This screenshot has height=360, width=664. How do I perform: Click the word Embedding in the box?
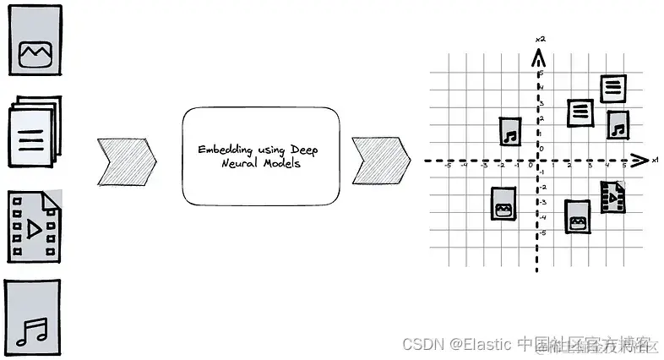pos(221,150)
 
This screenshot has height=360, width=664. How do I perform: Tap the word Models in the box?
pos(281,164)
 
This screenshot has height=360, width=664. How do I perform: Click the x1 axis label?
pos(655,158)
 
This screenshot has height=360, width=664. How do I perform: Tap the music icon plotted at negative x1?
pos(509,132)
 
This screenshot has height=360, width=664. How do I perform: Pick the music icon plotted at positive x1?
pos(618,125)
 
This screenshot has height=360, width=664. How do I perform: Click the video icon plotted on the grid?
pos(613,197)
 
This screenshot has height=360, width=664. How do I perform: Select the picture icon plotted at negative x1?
pos(503,205)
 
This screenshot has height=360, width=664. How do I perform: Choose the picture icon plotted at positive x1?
pos(577,217)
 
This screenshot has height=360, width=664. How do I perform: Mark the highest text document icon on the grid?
pos(613,88)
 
